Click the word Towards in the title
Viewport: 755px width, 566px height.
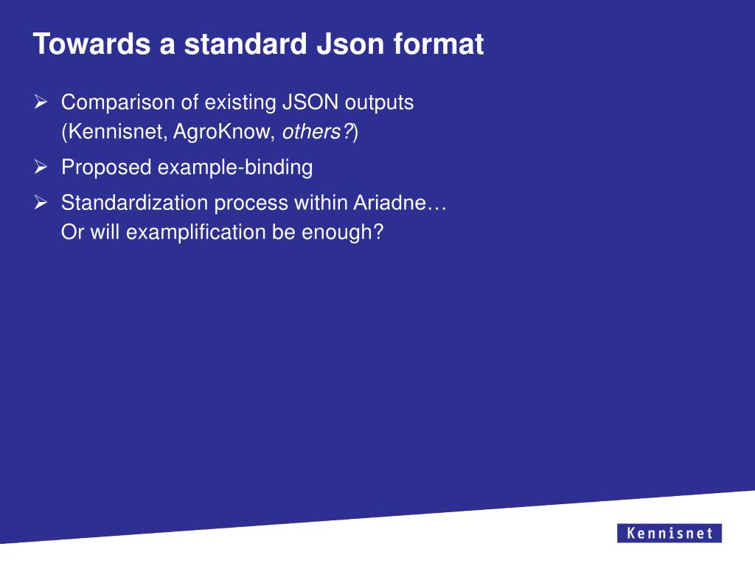(87, 44)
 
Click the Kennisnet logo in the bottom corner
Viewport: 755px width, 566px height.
(669, 533)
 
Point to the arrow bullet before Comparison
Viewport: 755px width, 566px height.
(41, 102)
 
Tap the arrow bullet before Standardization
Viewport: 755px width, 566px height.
(41, 202)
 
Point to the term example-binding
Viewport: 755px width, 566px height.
(235, 168)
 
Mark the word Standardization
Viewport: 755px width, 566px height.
(135, 202)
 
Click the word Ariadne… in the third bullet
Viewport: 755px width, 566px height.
(400, 202)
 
